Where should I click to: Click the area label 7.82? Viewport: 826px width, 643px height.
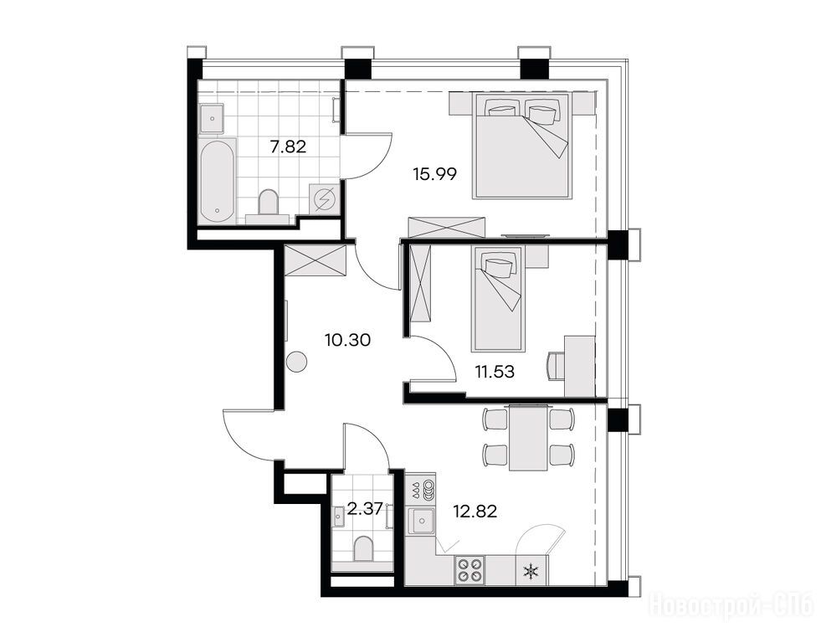(288, 147)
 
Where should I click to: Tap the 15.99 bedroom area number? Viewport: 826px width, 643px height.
(434, 173)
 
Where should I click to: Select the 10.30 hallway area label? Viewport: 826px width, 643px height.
(347, 340)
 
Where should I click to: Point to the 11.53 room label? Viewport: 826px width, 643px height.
(495, 372)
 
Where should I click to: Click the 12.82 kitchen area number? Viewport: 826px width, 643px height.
(475, 511)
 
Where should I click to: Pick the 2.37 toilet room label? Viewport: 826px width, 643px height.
(365, 510)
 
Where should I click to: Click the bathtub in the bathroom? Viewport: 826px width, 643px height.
(218, 181)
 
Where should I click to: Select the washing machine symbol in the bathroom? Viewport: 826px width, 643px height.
(324, 199)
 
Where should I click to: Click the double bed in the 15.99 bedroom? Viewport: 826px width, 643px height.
(521, 146)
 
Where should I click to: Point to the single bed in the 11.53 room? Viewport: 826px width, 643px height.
(498, 299)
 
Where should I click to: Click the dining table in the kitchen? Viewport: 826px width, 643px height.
(528, 437)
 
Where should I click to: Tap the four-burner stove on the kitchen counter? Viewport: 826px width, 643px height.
(469, 569)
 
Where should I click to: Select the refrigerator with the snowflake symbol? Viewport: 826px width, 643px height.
(531, 570)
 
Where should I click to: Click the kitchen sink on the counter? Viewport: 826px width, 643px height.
(422, 522)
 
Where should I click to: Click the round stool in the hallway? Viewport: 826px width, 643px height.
(296, 362)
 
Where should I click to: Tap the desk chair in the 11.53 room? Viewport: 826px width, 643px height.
(556, 365)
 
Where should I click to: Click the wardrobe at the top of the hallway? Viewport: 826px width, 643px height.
(315, 260)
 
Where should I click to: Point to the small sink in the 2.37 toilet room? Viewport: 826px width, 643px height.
(339, 517)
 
